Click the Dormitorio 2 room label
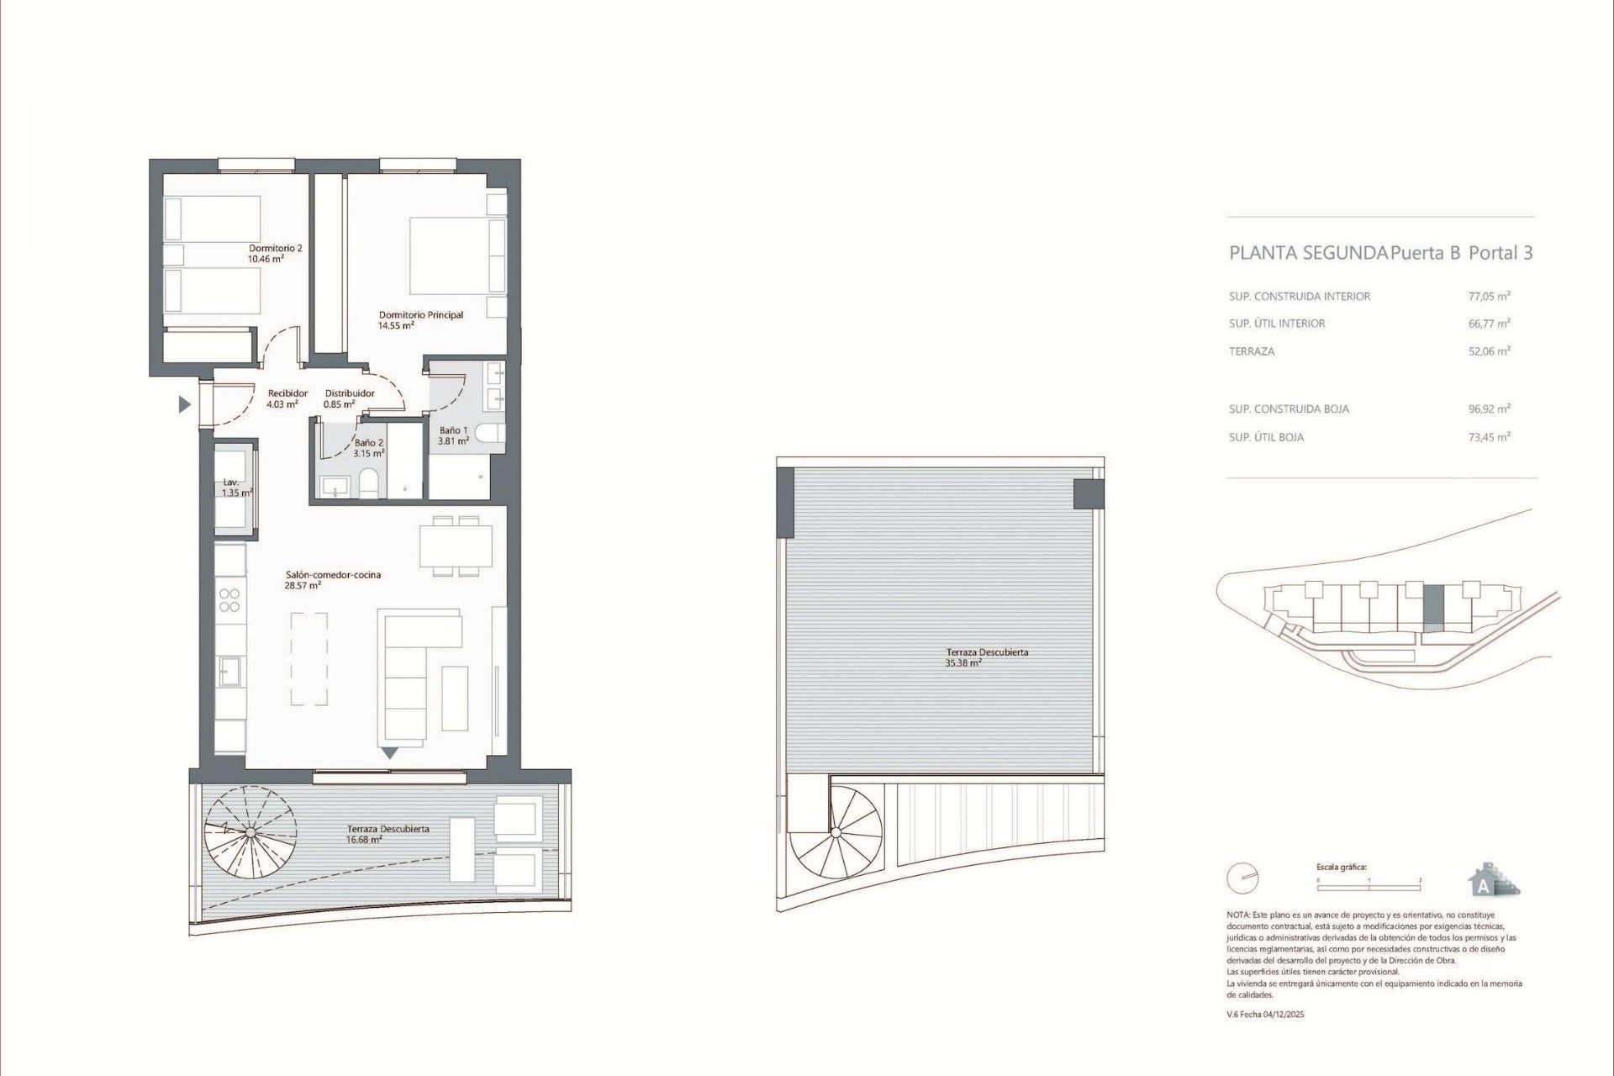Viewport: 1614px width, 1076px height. [x=275, y=253]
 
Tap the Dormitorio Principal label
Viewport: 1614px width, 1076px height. [x=420, y=319]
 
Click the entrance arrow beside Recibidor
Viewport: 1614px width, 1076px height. [x=184, y=405]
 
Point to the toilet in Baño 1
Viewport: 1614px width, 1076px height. [x=488, y=434]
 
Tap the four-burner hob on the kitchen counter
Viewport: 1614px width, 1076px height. [x=229, y=600]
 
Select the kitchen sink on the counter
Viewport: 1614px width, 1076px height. [x=229, y=671]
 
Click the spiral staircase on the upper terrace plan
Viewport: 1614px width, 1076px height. [x=836, y=834]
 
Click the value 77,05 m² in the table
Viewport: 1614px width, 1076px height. [x=1489, y=296]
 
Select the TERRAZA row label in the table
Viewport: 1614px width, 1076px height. [x=1252, y=351]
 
